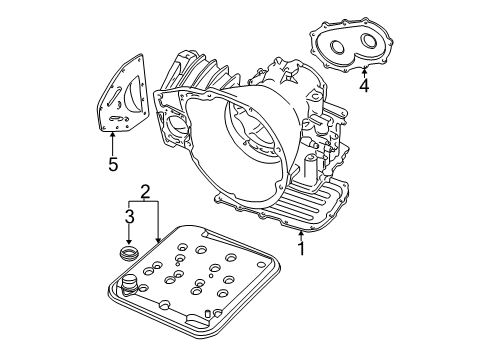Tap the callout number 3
[128, 215]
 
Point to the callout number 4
[364, 86]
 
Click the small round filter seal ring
[129, 255]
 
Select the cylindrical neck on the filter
[129, 289]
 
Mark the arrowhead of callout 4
[364, 69]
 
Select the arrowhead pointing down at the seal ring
[128, 244]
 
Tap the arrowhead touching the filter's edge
[158, 240]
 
